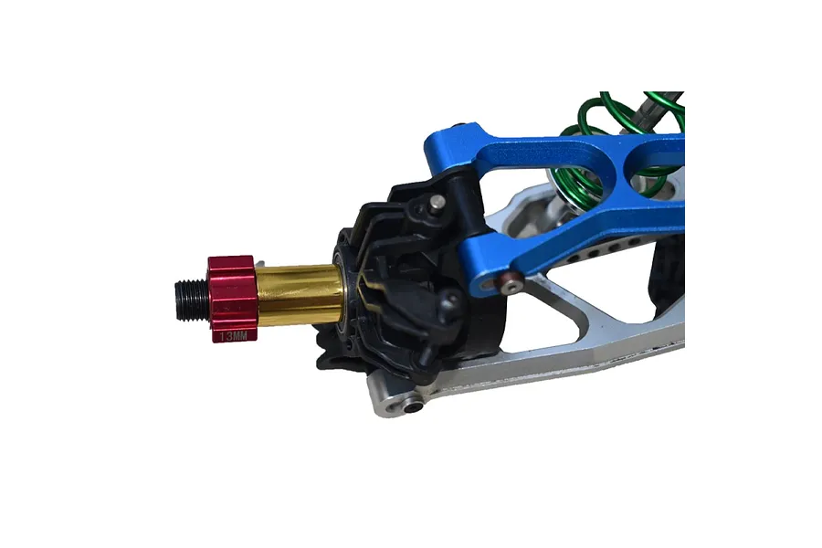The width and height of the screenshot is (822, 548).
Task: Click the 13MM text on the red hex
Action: coord(233,336)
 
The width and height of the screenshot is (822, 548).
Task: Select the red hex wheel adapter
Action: coord(233,299)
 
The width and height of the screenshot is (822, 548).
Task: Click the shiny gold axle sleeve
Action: coord(300,295)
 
